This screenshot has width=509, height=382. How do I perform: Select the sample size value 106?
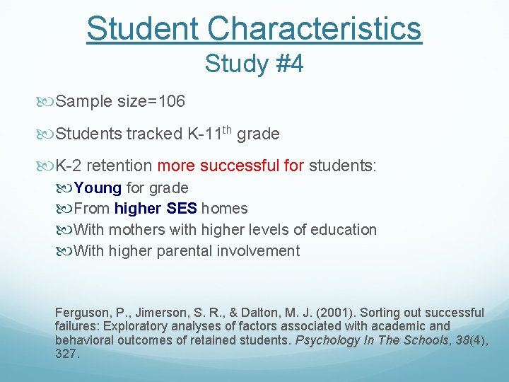[172, 102]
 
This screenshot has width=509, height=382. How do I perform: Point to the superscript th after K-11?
[226, 129]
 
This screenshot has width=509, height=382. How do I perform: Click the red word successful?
[241, 166]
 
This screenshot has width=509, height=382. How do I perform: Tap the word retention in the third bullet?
[120, 166]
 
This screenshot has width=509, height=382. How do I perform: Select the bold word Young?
[98, 188]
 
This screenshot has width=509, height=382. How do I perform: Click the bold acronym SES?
[182, 209]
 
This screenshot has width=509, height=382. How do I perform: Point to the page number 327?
[67, 353]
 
